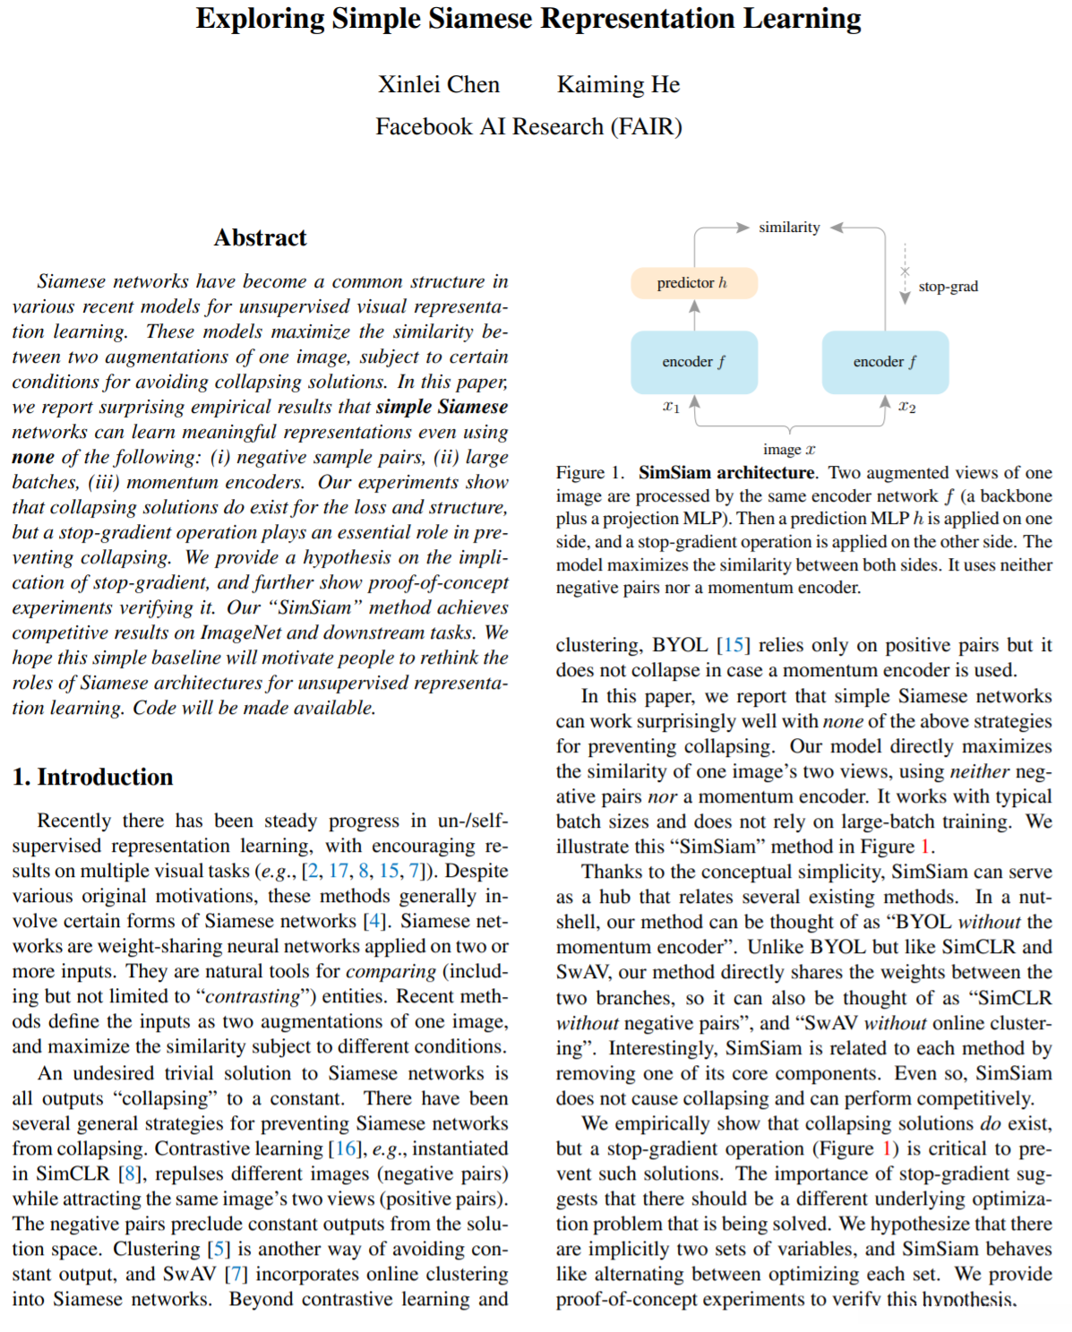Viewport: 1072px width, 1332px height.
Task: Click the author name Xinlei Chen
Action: click(x=438, y=84)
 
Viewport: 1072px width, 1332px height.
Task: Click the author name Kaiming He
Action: click(x=618, y=84)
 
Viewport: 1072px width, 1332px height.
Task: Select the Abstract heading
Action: click(x=260, y=237)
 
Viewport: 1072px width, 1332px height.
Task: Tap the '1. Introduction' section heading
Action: click(x=93, y=777)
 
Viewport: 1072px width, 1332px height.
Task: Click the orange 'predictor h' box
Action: click(x=694, y=283)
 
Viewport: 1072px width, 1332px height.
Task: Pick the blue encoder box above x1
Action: click(x=694, y=362)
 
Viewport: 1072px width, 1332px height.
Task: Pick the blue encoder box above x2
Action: click(x=885, y=362)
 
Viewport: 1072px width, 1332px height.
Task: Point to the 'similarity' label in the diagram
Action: click(x=789, y=228)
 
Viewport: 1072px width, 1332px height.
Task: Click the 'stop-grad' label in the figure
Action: click(x=948, y=287)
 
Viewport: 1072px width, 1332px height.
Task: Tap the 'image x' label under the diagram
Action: click(x=789, y=449)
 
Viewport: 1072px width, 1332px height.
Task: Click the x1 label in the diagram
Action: click(x=671, y=408)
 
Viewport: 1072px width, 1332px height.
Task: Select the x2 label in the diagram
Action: click(x=907, y=408)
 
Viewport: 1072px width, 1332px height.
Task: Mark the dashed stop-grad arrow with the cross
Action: click(x=905, y=272)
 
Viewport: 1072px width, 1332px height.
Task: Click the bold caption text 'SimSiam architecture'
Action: click(x=726, y=472)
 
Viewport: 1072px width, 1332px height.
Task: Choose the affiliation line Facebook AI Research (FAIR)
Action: click(x=528, y=126)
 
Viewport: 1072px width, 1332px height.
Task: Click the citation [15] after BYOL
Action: click(x=733, y=645)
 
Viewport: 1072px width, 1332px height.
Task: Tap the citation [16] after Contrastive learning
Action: click(x=346, y=1148)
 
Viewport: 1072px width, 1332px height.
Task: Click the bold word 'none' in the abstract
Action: click(x=33, y=457)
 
